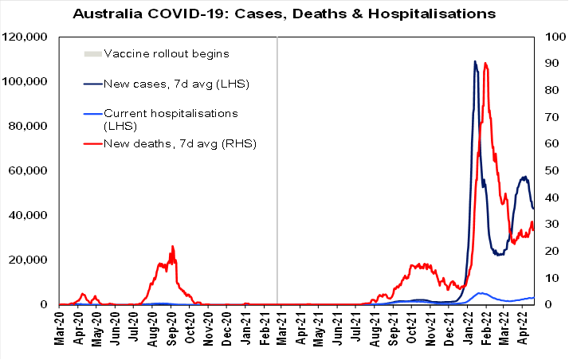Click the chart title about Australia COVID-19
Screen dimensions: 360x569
[x=284, y=14]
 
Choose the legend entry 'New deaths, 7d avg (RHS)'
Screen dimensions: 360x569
[x=179, y=143]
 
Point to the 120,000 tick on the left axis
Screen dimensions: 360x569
[x=27, y=37]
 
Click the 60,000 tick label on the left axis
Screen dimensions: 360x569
[x=30, y=171]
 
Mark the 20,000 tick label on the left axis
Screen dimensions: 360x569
[x=30, y=260]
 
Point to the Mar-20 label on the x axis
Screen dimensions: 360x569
[x=60, y=328]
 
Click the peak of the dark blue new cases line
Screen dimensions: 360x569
[x=475, y=61]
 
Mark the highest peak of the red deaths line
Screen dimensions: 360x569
[x=485, y=63]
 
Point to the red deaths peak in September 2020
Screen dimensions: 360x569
[x=172, y=247]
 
